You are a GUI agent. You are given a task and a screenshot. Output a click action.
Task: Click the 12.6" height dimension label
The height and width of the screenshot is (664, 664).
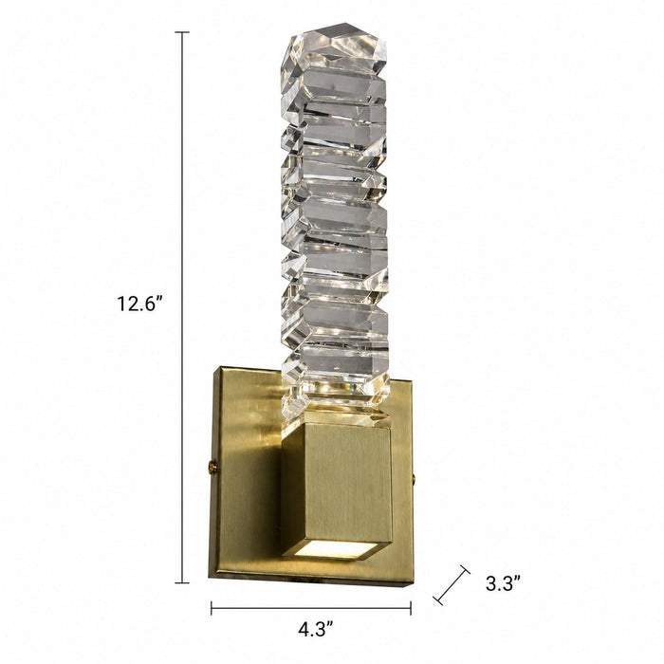pos(139,304)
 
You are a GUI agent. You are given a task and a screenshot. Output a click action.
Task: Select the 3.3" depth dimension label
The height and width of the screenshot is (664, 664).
pos(503,583)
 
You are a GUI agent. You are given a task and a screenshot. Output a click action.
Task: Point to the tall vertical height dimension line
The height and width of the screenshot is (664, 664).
pos(182,307)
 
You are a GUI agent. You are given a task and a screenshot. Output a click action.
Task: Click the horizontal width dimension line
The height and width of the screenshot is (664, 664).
pos(311,608)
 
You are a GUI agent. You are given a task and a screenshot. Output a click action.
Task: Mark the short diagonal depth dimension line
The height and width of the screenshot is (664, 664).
pos(452,585)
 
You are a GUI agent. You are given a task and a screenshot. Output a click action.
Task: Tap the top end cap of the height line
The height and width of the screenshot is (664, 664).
pos(182,32)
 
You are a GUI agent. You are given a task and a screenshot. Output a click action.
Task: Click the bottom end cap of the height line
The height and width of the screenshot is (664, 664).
pos(182,582)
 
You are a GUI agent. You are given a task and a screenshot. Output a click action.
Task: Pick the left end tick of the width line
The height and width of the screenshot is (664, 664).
pos(212,608)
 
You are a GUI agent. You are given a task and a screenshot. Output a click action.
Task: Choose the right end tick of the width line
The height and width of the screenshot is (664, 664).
pos(411,608)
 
